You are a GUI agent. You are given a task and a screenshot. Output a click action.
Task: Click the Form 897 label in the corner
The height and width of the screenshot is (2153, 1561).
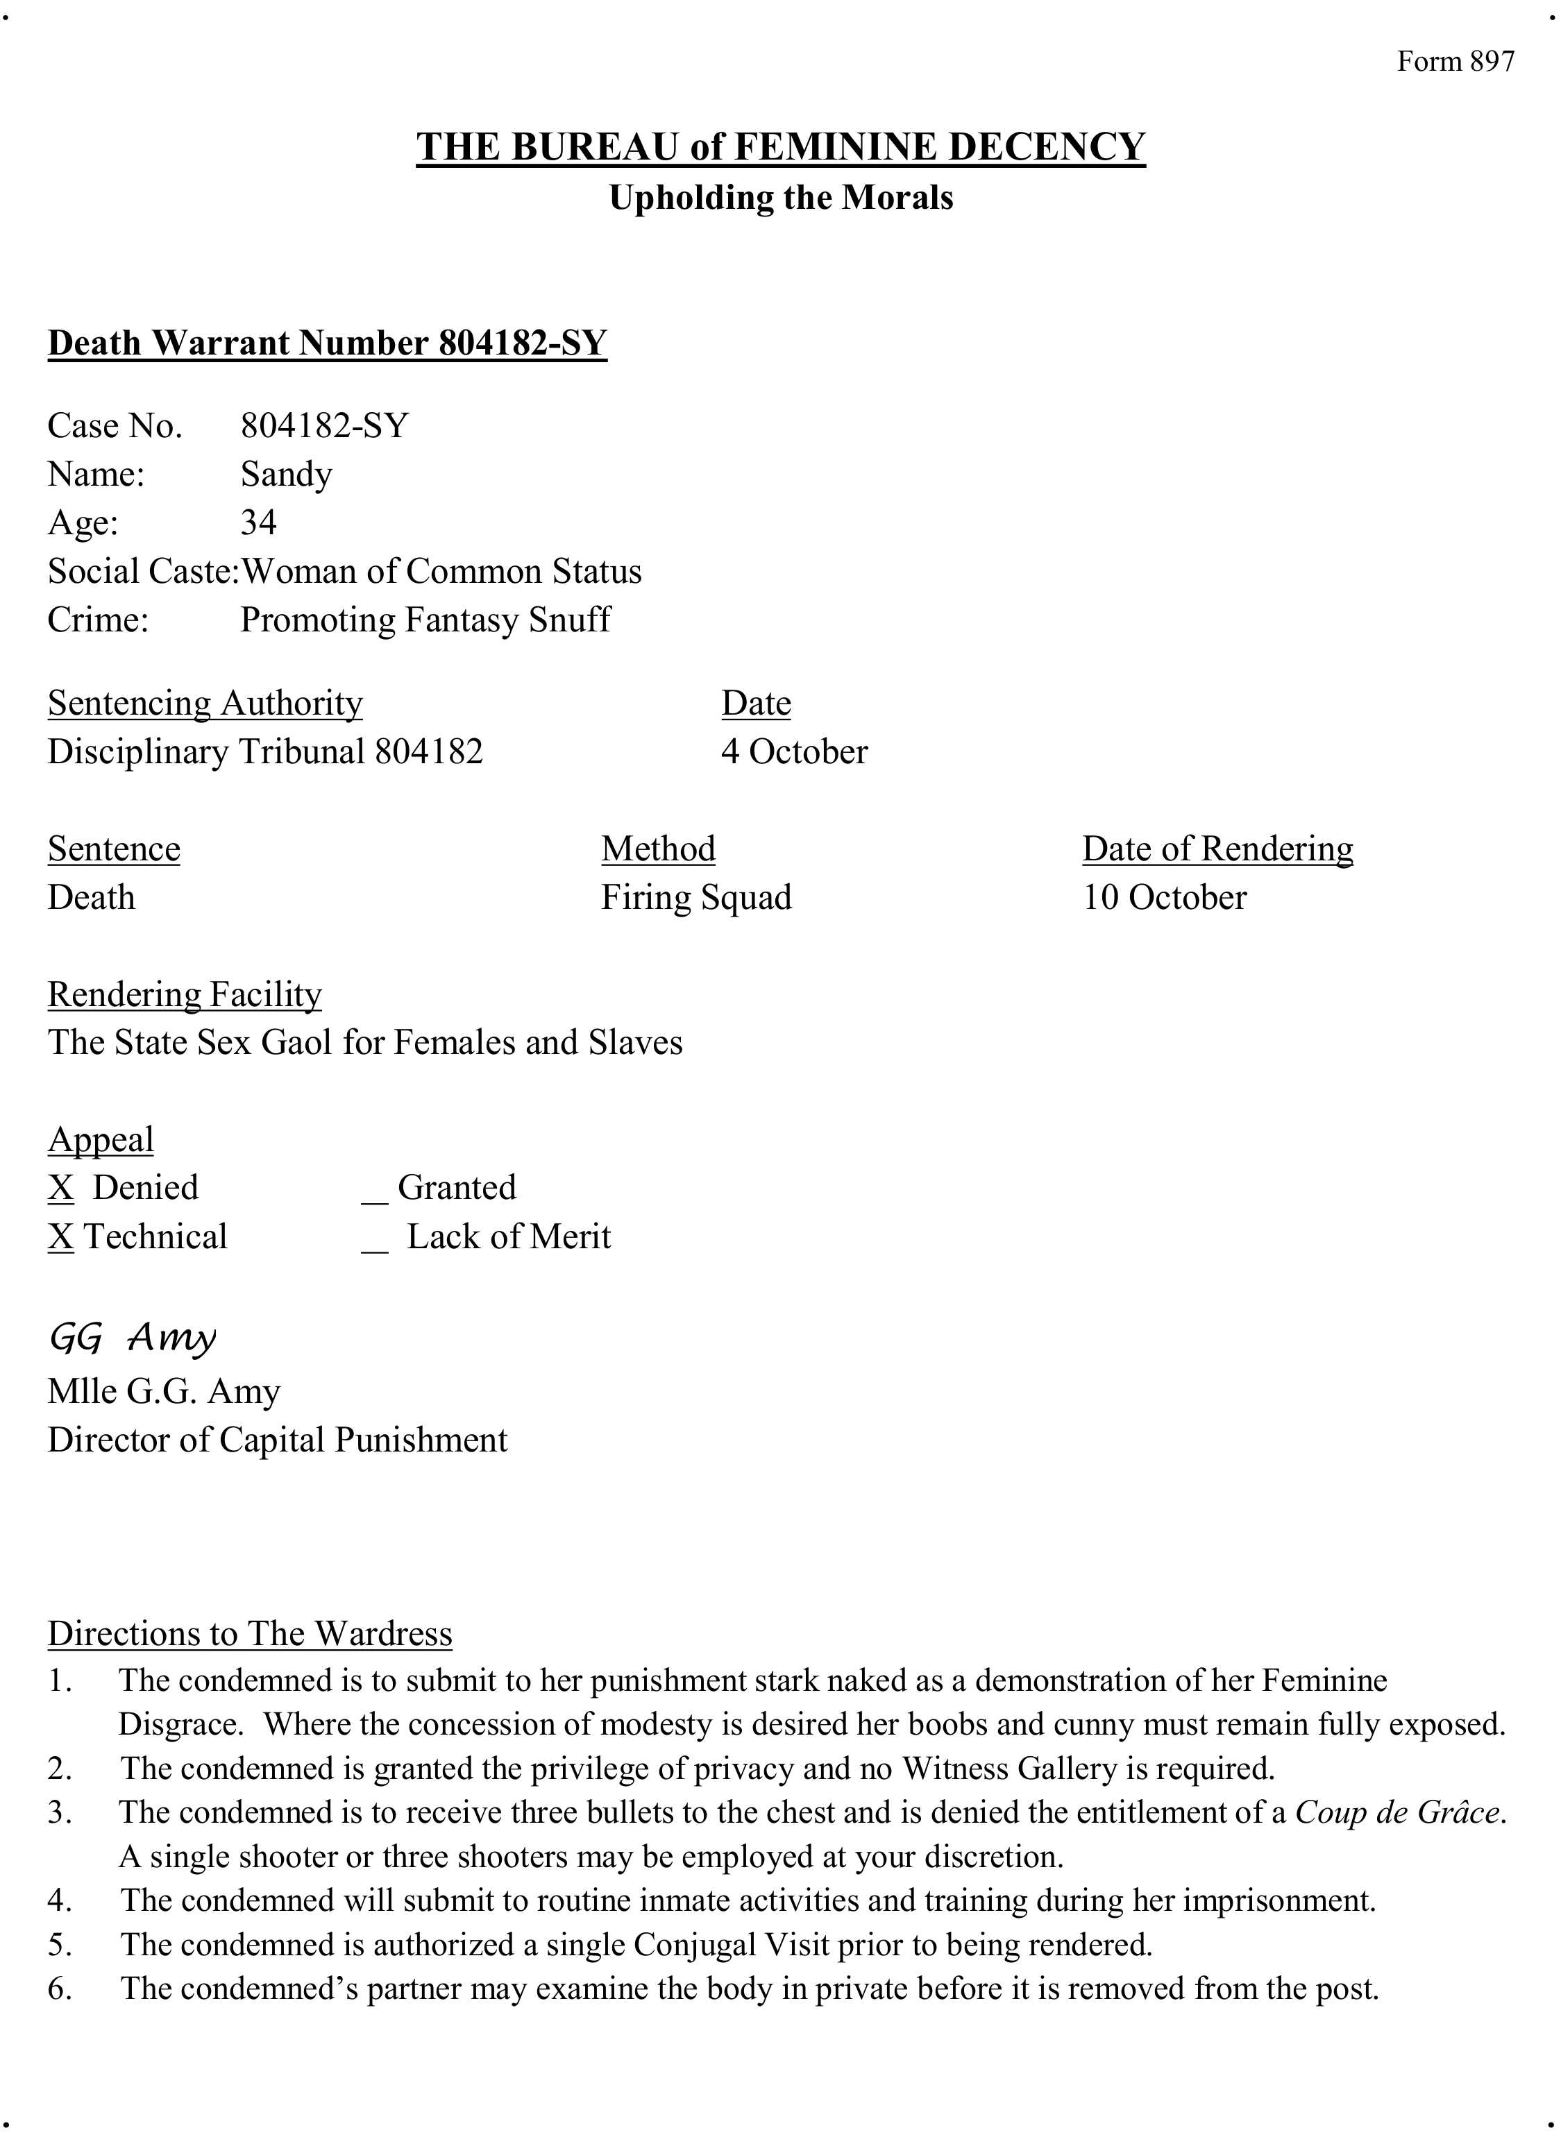click(x=1455, y=62)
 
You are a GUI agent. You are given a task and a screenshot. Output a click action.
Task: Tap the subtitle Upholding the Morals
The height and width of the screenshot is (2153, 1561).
click(x=780, y=198)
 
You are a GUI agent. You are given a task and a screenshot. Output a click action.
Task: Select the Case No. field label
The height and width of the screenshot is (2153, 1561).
click(x=114, y=425)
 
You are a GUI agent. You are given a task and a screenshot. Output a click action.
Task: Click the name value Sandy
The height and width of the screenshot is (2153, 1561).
click(x=286, y=474)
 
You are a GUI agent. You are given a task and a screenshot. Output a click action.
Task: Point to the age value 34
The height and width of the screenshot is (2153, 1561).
click(x=258, y=522)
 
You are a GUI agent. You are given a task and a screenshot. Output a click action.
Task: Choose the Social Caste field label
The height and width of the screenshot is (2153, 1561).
click(x=142, y=572)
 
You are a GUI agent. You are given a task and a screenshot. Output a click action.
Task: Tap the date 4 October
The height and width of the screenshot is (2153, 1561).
click(x=794, y=752)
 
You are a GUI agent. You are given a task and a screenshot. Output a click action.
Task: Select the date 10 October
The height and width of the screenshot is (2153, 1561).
click(x=1164, y=897)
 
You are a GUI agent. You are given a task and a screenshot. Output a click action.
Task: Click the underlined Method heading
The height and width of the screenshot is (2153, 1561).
click(x=658, y=849)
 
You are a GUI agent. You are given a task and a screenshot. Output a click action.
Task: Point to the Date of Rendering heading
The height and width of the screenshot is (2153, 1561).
click(x=1217, y=849)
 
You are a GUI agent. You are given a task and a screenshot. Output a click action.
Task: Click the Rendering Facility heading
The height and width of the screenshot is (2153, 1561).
click(x=184, y=994)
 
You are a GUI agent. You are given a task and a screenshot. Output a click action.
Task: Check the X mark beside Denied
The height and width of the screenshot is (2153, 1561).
click(x=61, y=1188)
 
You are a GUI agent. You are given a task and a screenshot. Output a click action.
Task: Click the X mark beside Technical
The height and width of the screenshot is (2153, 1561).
click(x=61, y=1237)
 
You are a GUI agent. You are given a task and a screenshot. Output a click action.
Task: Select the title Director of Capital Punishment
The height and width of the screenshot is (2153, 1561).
click(x=277, y=1440)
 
